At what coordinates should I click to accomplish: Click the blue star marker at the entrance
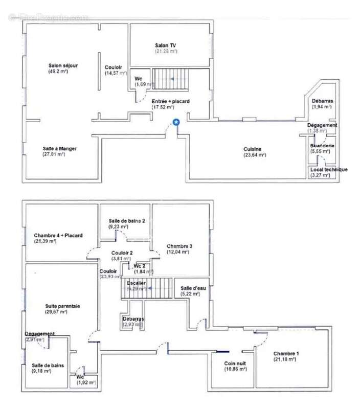[x=176, y=122]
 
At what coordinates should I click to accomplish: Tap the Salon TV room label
[x=166, y=45]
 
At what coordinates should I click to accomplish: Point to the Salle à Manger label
[x=60, y=148]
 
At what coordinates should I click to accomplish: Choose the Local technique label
[x=328, y=169]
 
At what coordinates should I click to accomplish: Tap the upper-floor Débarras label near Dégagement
[x=322, y=101]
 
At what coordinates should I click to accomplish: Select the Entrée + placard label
[x=170, y=101]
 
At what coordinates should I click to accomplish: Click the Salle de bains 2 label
[x=127, y=220]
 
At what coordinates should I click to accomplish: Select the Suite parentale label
[x=62, y=306]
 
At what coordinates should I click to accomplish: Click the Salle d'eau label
[x=193, y=288]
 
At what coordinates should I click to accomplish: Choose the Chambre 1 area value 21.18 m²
[x=284, y=359]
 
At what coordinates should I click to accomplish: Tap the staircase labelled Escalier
[x=148, y=289]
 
